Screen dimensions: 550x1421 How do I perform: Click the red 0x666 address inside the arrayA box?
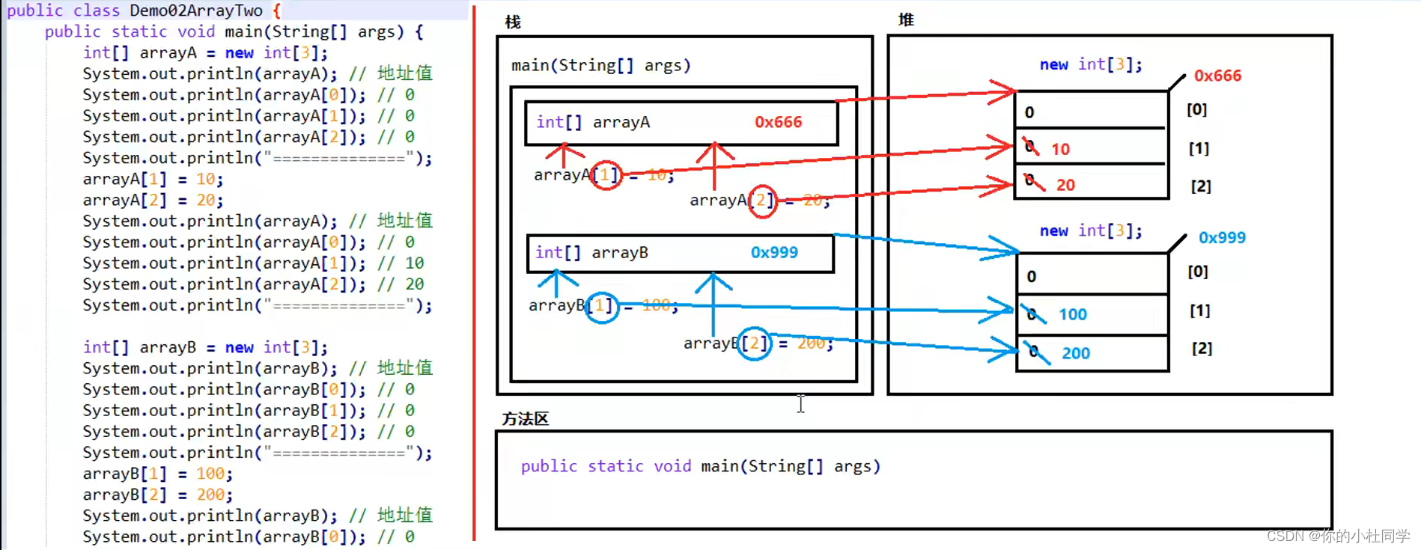[x=778, y=122]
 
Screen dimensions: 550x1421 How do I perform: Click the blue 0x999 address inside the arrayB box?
[x=774, y=252]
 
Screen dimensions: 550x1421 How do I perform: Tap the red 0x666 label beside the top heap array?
[x=1217, y=76]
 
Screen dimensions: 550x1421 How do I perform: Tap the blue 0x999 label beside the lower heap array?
[x=1222, y=237]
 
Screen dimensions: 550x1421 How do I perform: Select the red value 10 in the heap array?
[x=1060, y=149]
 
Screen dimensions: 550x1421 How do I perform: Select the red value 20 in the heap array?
[x=1065, y=185]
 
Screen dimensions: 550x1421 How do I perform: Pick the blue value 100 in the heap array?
[x=1072, y=314]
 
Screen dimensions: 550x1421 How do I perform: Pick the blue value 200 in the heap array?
[x=1075, y=353]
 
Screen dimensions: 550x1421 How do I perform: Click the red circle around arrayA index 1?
[x=606, y=175]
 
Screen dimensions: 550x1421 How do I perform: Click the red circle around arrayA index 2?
[x=762, y=201]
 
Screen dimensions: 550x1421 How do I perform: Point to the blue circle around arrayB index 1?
[x=601, y=306]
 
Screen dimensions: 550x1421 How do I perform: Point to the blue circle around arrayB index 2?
[x=754, y=343]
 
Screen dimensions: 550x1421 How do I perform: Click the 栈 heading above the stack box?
[x=513, y=22]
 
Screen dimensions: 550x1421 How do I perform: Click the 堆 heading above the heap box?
[x=906, y=20]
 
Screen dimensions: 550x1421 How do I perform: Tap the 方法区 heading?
[x=525, y=419]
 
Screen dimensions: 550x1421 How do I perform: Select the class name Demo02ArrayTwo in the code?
[x=196, y=10]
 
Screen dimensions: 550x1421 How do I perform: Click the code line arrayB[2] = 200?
[x=157, y=495]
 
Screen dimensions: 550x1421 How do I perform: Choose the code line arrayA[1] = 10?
[x=153, y=179]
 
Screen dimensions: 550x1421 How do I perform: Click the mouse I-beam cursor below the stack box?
[x=800, y=403]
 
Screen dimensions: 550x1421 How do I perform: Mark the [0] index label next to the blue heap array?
[x=1197, y=272]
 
